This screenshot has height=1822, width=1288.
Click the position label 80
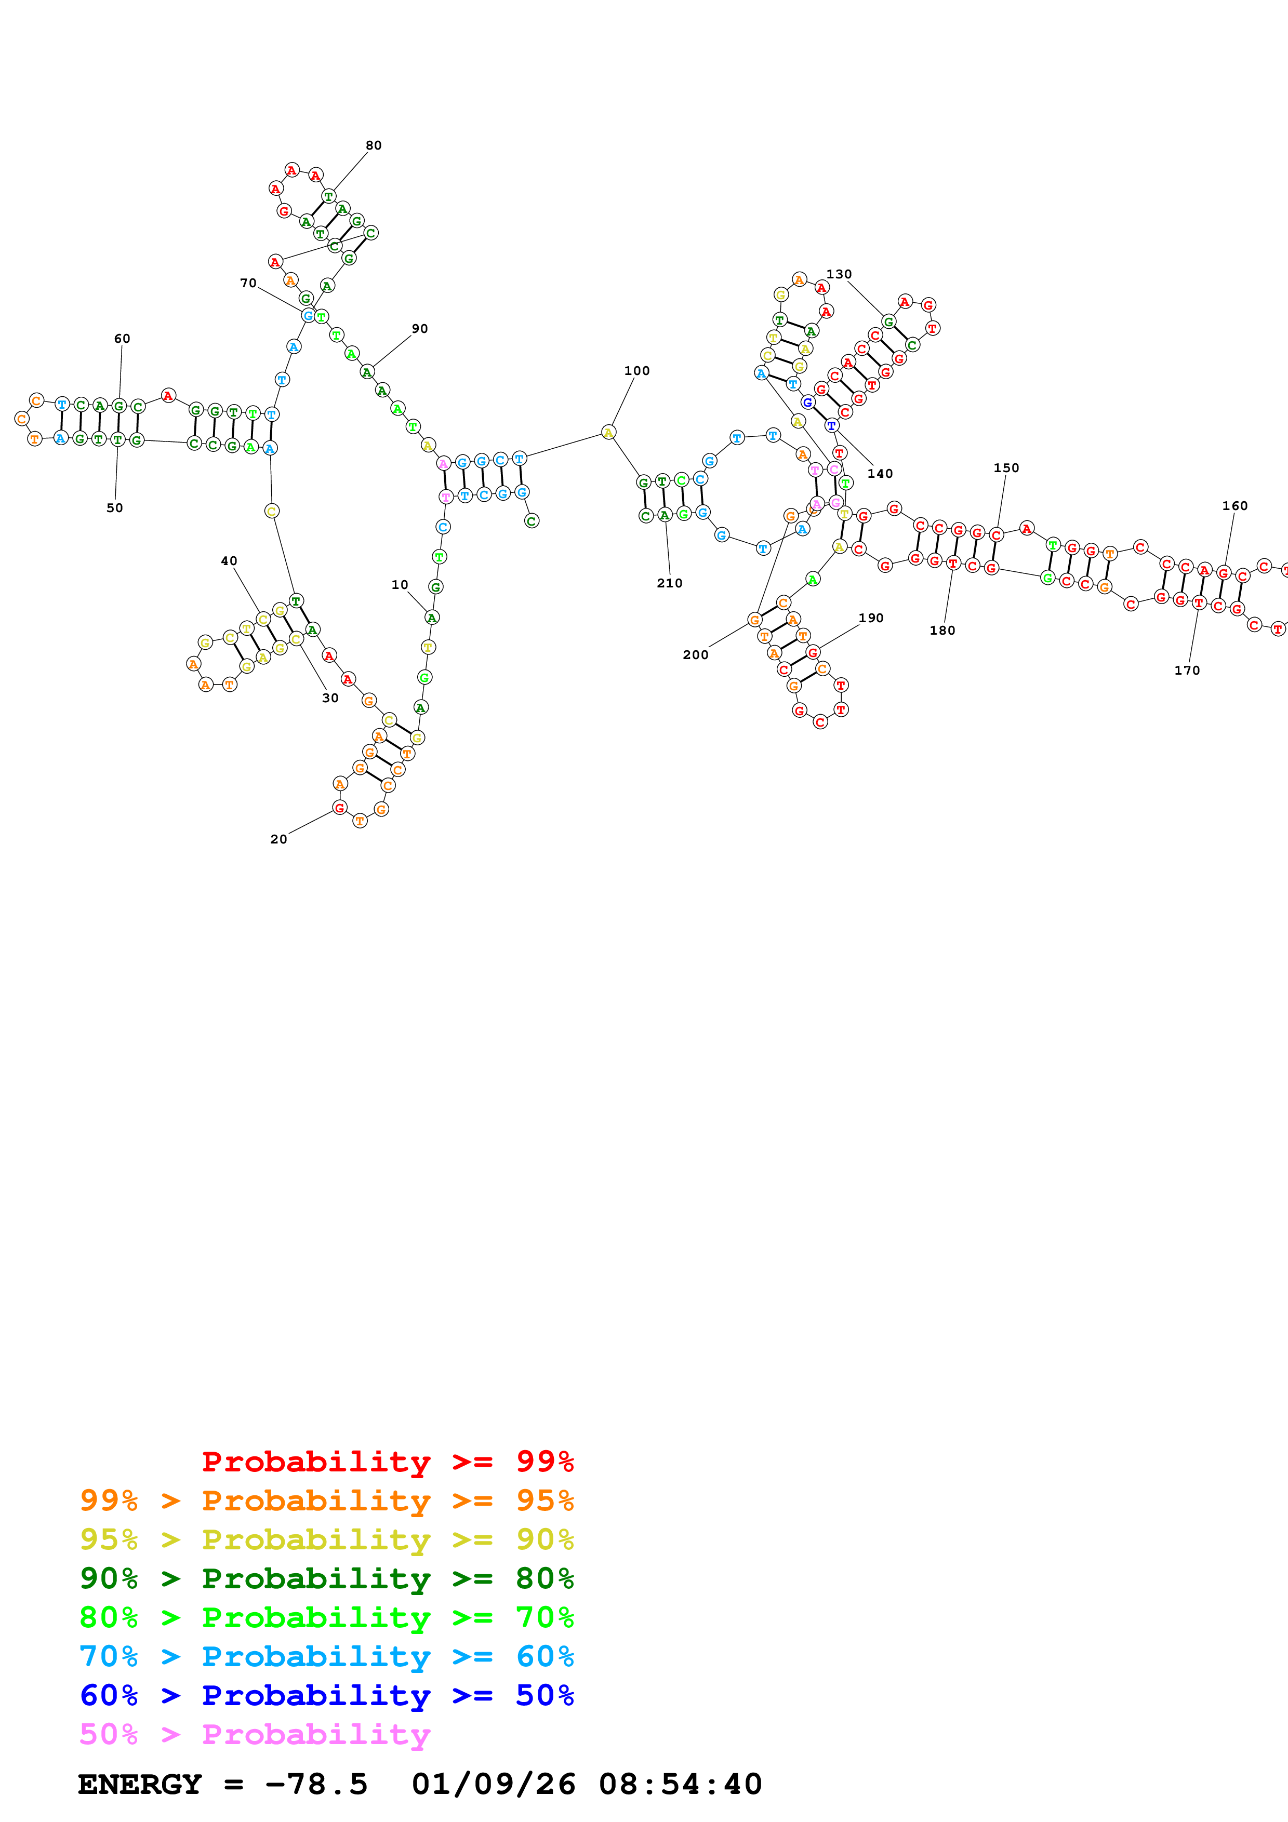click(x=373, y=145)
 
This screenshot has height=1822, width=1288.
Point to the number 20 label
click(x=278, y=839)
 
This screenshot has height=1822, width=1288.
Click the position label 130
click(x=839, y=274)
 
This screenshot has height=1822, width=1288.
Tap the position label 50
click(x=114, y=508)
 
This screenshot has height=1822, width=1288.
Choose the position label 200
click(x=695, y=654)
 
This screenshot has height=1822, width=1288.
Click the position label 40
click(x=229, y=560)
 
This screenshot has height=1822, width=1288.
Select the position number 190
click(x=871, y=618)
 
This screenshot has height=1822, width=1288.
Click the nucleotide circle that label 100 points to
click(x=609, y=433)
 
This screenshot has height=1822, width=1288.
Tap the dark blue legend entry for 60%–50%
click(x=326, y=1695)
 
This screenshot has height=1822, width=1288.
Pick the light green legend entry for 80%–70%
click(x=326, y=1617)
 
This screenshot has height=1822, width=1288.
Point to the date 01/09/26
click(x=493, y=1785)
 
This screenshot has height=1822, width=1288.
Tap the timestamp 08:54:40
click(x=680, y=1785)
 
